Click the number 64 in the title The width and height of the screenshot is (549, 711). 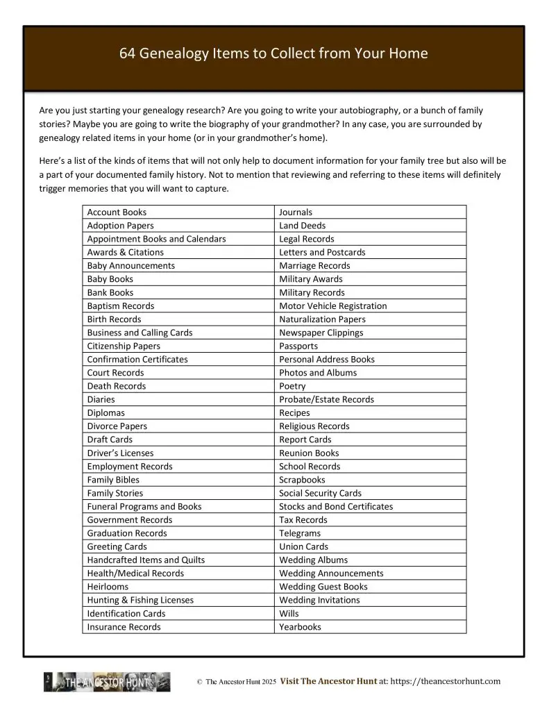pyautogui.click(x=129, y=53)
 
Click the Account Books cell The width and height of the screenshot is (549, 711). pyautogui.click(x=117, y=212)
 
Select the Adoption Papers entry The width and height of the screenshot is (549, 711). pyautogui.click(x=120, y=226)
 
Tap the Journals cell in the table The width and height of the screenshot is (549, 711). pyautogui.click(x=296, y=212)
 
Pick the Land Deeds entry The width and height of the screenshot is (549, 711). pyautogui.click(x=302, y=226)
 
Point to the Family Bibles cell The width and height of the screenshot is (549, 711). pyautogui.click(x=113, y=480)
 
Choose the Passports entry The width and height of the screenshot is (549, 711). pyautogui.click(x=298, y=346)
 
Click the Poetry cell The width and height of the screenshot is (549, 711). pyautogui.click(x=292, y=386)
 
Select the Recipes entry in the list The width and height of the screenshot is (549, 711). pyautogui.click(x=294, y=413)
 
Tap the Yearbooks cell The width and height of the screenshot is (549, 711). pyautogui.click(x=300, y=627)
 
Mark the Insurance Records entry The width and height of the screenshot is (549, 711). pyautogui.click(x=124, y=627)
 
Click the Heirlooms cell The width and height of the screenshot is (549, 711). pyautogui.click(x=108, y=587)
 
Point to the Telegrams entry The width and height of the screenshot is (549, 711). pyautogui.click(x=300, y=533)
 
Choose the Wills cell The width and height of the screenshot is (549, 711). pyautogui.click(x=289, y=614)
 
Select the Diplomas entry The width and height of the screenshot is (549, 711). pyautogui.click(x=106, y=413)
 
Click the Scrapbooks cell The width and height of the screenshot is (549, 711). pyautogui.click(x=302, y=480)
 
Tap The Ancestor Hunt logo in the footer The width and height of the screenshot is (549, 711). pyautogui.click(x=107, y=683)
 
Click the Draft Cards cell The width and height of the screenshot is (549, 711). pyautogui.click(x=110, y=440)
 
